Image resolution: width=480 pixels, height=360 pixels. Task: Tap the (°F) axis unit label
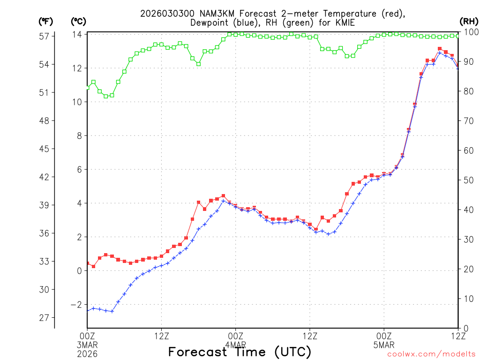point(46,22)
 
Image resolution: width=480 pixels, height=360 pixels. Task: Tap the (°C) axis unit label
point(78,22)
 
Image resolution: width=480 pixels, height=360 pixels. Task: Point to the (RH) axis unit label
point(469,22)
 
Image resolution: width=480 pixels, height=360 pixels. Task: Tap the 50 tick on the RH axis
point(468,180)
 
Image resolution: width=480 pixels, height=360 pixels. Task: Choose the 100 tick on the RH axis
point(470,32)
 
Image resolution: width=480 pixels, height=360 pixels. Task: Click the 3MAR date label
point(87,345)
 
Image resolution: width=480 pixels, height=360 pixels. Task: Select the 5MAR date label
point(384,345)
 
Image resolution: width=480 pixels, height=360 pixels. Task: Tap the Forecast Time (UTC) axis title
point(240,352)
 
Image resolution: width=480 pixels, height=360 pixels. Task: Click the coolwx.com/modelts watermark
point(431,354)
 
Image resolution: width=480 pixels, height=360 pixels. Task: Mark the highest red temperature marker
point(440,49)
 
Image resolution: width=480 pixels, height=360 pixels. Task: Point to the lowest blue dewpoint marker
point(112,311)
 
